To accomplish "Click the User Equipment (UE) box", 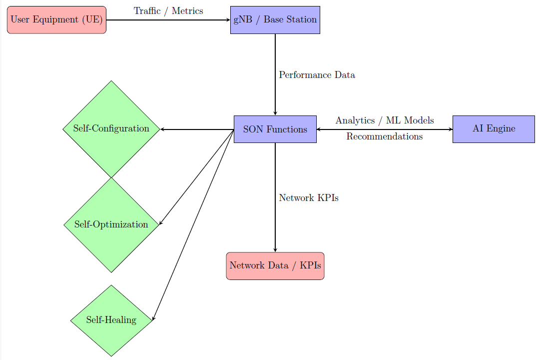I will pos(56,20).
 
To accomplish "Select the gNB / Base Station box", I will pos(275,20).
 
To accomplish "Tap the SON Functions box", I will pos(275,129).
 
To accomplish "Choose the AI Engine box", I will pos(494,129).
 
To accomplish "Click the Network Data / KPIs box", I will pos(275,265).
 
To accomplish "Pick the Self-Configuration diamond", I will pos(111,128).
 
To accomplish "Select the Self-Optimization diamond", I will pos(111,224).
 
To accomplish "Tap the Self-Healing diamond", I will pos(111,320).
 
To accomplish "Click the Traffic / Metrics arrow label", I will pos(168,11).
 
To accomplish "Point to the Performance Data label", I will pos(317,75).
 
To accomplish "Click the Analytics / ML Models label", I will pos(384,120).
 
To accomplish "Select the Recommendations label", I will pos(384,136).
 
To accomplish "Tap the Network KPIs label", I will pos(309,198).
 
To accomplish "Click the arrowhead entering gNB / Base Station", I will pos(228,20).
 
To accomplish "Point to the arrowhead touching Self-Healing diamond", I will pos(153,318).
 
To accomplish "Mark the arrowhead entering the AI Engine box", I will pos(450,129).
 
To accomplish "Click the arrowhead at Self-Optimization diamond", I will pos(160,222).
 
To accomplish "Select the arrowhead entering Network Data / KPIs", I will pos(275,249).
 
